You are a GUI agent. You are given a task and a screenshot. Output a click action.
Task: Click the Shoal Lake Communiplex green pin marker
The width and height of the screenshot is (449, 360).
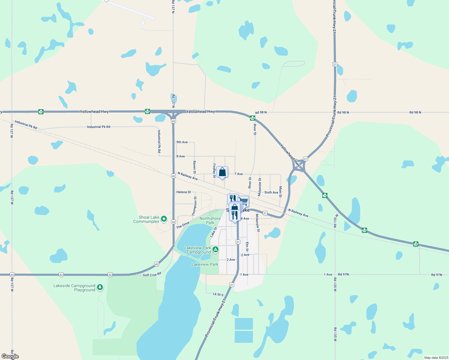pos(164,219)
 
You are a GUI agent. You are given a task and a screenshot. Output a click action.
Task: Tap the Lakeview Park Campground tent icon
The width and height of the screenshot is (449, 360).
pos(215,250)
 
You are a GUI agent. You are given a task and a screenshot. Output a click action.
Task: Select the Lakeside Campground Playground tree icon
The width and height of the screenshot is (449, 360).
pos(100,287)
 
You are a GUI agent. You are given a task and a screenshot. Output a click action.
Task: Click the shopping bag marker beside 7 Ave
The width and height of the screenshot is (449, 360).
pos(222,172)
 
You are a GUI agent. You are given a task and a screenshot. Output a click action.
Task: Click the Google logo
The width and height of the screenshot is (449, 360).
pos(10,356)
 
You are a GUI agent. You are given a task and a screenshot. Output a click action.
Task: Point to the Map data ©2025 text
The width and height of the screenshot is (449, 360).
pos(435,358)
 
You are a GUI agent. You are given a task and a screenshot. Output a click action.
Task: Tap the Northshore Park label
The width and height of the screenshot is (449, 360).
pos(210,220)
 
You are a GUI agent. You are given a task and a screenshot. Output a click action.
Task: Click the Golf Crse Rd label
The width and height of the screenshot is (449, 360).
pos(152,274)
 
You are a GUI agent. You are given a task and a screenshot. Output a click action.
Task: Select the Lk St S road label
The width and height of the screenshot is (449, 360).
pos(218,294)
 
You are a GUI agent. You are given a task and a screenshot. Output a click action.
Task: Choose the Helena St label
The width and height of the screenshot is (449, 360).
pos(184,192)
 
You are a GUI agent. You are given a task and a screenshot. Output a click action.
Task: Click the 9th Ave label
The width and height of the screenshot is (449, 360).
pos(182,142)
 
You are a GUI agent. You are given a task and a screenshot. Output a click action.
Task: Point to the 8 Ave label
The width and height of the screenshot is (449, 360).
pos(181,156)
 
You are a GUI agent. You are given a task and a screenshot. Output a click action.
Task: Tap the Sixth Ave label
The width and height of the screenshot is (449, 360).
pos(271,193)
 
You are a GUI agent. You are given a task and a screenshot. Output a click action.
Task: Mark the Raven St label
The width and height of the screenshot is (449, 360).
pos(194,167)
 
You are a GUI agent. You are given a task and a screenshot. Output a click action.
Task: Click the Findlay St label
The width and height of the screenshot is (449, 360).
pos(214,170)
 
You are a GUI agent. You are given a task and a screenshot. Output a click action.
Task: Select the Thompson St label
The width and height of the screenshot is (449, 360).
pos(195,206)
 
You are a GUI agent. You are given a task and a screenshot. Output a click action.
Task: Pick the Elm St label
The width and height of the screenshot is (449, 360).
pos(247,247)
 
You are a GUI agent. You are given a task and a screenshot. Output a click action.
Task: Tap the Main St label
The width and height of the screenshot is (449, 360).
pos(281,192)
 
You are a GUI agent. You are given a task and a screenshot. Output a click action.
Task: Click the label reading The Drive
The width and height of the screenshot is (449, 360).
pos(183,225)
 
